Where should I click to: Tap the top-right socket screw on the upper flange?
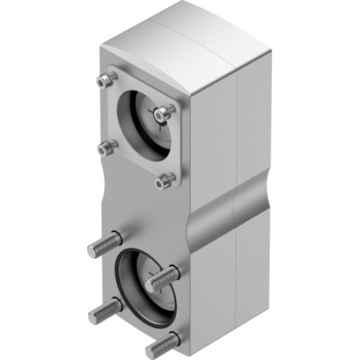click(x=164, y=112)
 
